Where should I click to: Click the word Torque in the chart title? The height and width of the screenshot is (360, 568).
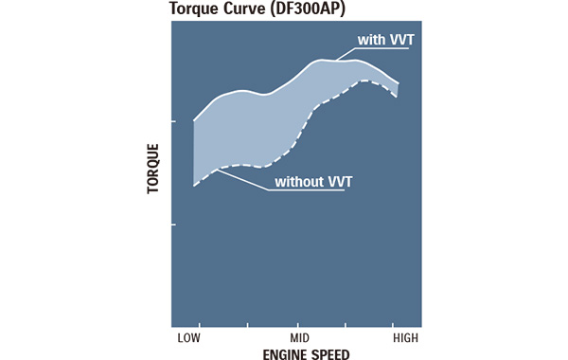(192, 9)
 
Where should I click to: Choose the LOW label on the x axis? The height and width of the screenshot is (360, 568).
(188, 336)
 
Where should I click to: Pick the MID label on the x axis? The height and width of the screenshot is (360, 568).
(300, 336)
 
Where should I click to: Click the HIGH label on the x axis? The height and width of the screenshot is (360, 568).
(405, 336)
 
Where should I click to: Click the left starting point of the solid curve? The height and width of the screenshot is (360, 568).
(194, 120)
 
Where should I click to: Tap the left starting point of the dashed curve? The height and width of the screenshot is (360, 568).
(194, 186)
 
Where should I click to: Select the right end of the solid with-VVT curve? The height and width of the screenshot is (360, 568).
(399, 83)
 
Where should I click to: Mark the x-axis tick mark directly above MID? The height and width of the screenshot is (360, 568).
(300, 322)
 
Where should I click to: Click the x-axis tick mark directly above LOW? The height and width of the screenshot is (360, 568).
(194, 322)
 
